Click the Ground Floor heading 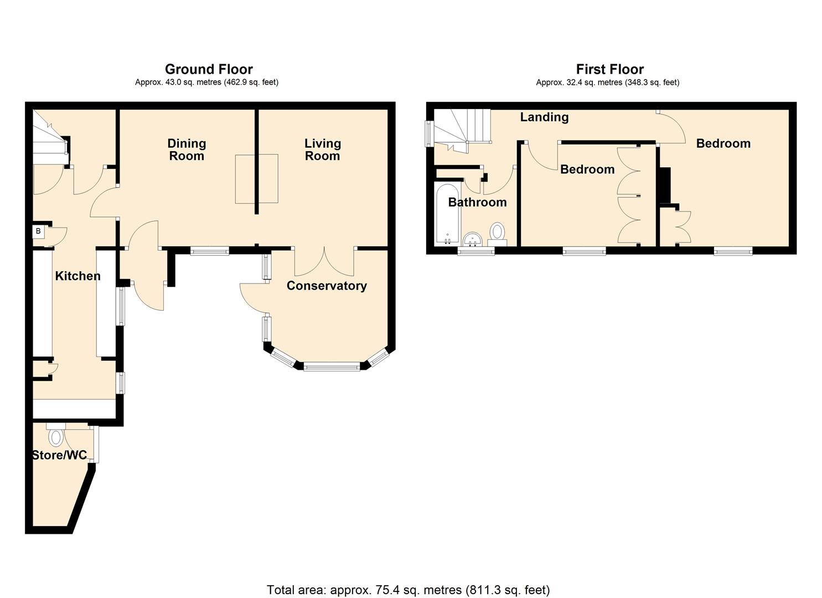209,69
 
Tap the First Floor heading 609,69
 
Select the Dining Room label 187,149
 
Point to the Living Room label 323,149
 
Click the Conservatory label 327,286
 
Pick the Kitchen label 78,276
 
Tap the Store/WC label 59,455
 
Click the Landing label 544,117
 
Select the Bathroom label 477,202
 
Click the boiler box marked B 38,231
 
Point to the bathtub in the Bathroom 447,214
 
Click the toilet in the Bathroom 497,234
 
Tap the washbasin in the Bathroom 473,239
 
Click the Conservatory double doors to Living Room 324,261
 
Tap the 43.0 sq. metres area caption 206,83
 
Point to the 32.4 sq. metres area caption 607,83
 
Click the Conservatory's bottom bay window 332,367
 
